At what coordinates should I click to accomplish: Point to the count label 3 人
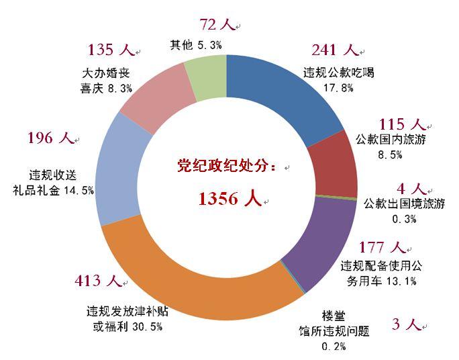coord(405,325)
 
